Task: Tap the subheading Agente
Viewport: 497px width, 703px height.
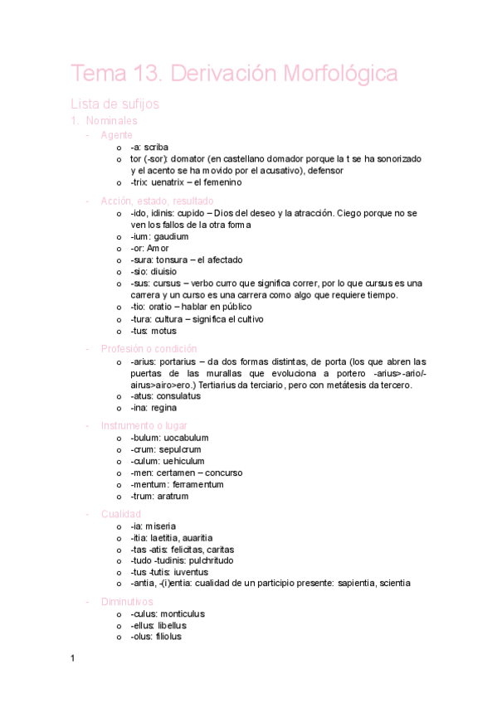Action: click(116, 134)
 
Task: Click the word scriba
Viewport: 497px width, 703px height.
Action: click(156, 147)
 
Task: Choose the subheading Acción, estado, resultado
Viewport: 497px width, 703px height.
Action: click(157, 201)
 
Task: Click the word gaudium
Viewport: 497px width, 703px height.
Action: click(172, 236)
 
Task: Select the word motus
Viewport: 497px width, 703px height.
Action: click(163, 331)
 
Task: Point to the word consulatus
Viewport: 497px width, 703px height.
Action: click(178, 396)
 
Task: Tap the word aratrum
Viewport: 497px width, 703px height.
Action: click(173, 496)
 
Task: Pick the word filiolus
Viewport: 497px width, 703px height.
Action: click(168, 637)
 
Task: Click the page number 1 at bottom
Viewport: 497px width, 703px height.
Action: click(72, 658)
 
